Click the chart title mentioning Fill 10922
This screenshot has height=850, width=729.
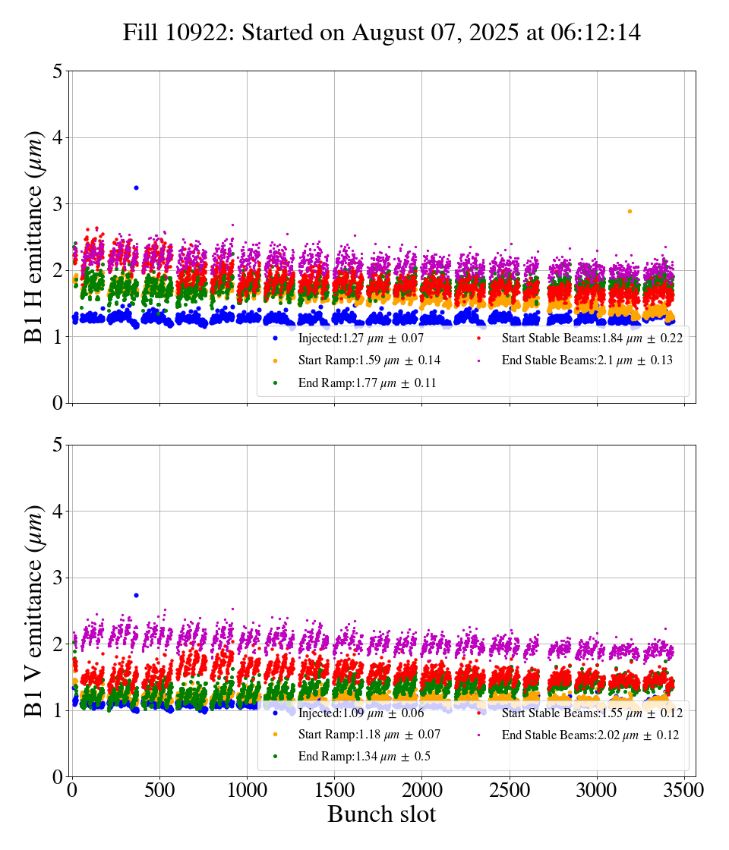click(x=382, y=33)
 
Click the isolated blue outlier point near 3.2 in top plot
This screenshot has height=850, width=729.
click(x=136, y=187)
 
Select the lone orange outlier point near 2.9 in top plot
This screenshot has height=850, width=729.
click(x=630, y=211)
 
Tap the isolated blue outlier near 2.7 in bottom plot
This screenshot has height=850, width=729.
click(x=136, y=595)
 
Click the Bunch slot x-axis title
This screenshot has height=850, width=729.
click(x=382, y=815)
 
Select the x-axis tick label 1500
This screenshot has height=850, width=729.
click(x=334, y=789)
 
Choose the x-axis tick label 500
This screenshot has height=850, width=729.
click(x=159, y=789)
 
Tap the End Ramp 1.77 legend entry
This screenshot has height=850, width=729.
click(x=364, y=383)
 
